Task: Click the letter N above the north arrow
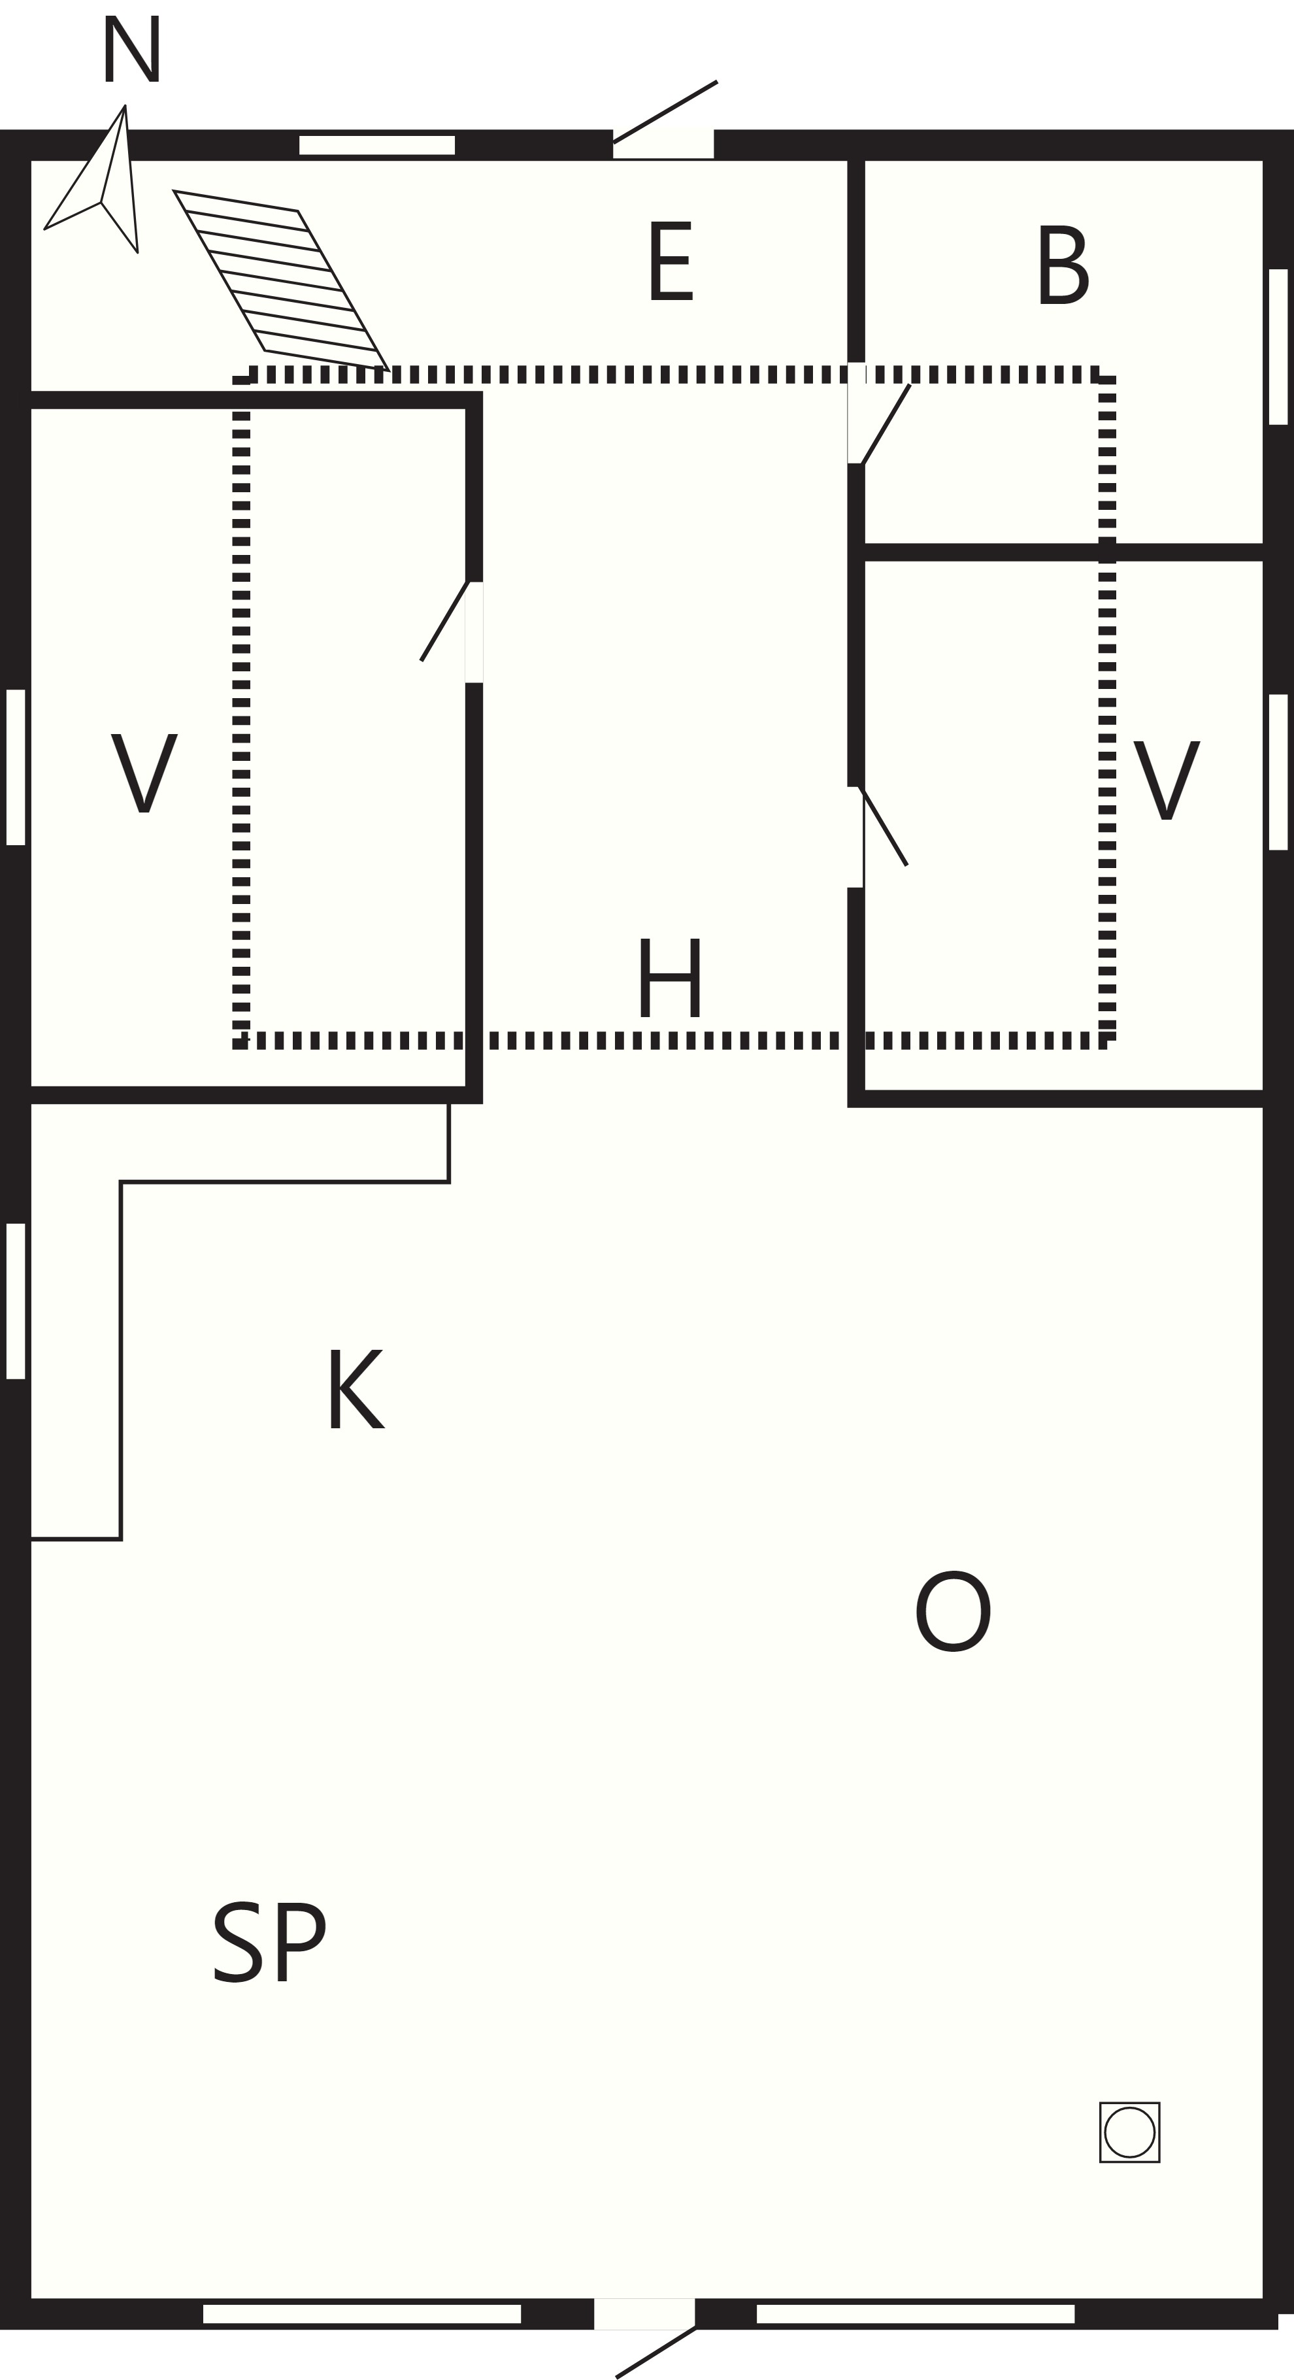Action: (131, 49)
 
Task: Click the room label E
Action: (671, 261)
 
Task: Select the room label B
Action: (1063, 264)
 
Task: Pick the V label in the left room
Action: (144, 773)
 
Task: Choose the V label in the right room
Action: (1167, 780)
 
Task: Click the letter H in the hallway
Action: (670, 979)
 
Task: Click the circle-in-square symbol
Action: (1129, 2132)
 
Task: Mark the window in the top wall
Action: (377, 145)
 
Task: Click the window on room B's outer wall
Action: (1278, 346)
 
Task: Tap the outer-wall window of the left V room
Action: (16, 767)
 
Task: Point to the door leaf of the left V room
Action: (445, 621)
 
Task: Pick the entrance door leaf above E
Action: (665, 112)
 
